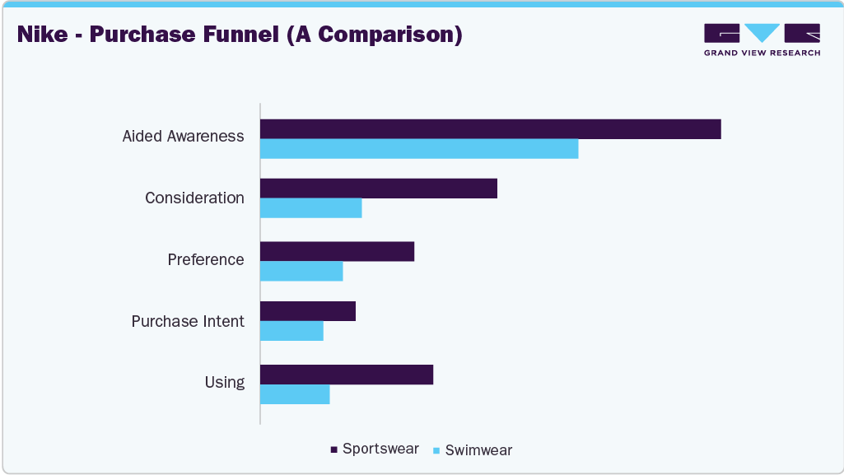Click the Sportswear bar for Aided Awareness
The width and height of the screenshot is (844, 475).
tap(491, 129)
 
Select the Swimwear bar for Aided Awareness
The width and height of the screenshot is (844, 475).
tap(419, 149)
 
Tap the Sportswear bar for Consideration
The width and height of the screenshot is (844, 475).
tap(379, 188)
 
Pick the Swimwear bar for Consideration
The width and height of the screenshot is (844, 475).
tap(311, 208)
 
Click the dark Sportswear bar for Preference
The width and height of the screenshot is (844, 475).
tap(337, 251)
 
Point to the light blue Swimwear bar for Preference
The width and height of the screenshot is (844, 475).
tap(301, 271)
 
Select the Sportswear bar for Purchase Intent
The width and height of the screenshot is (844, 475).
tap(308, 311)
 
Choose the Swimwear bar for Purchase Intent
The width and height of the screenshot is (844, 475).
tap(291, 331)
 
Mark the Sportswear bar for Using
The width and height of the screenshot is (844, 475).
tap(347, 375)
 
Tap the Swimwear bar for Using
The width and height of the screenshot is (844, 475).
tap(295, 394)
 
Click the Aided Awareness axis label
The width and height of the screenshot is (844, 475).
tap(183, 136)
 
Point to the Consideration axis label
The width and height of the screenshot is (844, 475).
tap(194, 198)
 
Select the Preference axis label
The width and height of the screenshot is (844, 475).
tap(206, 259)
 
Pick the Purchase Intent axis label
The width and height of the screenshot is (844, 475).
tap(188, 321)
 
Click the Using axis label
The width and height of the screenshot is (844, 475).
tap(224, 382)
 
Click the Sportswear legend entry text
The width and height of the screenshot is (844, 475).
tap(380, 449)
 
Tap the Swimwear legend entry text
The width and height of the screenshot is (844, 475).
tap(478, 450)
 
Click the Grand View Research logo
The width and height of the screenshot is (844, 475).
tap(762, 40)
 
